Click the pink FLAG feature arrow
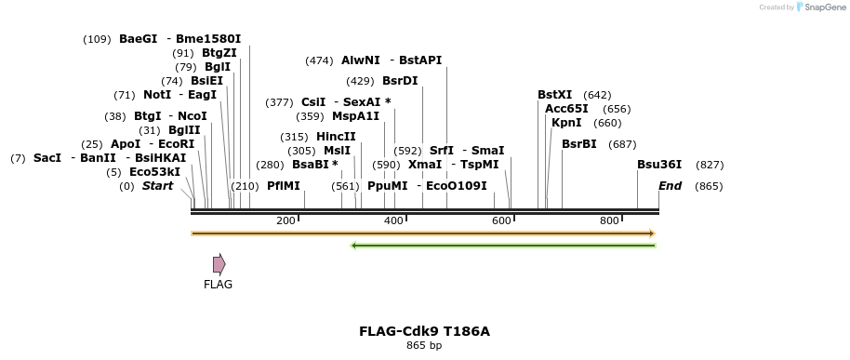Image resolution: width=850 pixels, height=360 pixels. click(219, 264)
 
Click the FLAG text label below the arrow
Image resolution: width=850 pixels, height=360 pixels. click(218, 285)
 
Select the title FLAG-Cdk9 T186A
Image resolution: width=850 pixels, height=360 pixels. click(424, 331)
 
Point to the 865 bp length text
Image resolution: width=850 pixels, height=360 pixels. click(424, 346)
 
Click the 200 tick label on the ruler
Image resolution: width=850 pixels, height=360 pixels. click(286, 220)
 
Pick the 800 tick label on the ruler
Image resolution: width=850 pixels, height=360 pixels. click(609, 220)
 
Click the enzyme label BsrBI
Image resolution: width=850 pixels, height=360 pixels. click(579, 144)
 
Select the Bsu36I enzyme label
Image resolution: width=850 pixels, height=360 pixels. click(659, 165)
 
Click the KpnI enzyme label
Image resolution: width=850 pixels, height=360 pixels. click(566, 123)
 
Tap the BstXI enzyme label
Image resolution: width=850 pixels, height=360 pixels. click(555, 95)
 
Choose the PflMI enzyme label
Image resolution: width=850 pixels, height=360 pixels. click(284, 186)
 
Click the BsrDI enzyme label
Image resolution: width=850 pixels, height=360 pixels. click(400, 81)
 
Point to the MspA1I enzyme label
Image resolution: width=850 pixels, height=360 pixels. click(355, 116)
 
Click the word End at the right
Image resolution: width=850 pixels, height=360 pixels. click(670, 186)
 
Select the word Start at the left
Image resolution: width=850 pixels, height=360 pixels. click(157, 186)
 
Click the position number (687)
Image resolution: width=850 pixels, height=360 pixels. click(622, 144)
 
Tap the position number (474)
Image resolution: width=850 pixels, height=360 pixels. click(319, 60)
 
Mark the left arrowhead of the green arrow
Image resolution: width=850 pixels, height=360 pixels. click(353, 246)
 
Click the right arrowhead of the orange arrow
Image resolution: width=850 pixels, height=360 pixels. click(653, 233)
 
